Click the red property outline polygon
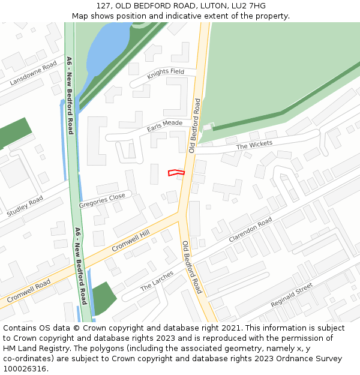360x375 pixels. point(176,173)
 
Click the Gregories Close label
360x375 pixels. point(102,200)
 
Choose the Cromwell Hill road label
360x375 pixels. point(130,241)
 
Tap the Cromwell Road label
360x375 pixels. point(28,292)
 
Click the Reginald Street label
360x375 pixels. point(292,295)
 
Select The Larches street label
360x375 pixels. point(157,281)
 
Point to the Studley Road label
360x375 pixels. point(25,206)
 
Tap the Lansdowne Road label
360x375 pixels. point(34,73)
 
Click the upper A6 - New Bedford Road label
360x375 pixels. point(70,95)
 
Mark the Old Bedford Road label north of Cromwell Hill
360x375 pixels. point(196,126)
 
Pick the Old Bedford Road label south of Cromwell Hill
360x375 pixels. point(191,266)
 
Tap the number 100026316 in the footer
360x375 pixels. point(24,369)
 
